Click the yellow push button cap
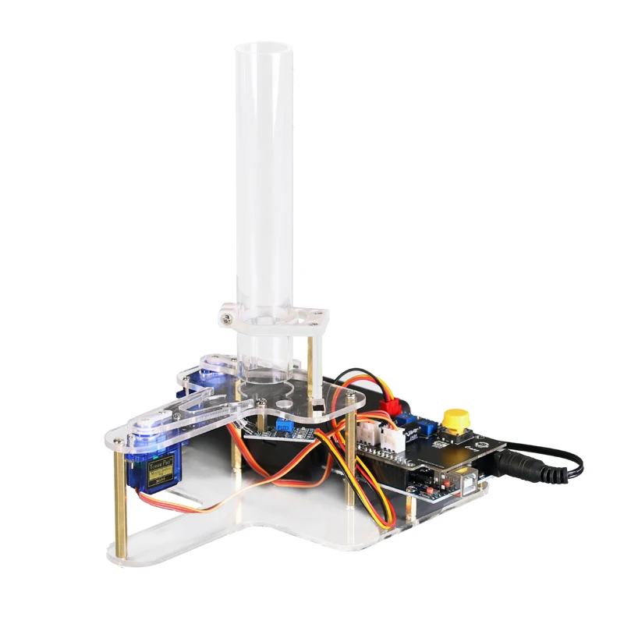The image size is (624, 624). pos(455,419)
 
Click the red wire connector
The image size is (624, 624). pos(391,406)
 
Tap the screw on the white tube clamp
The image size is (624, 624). pos(226,317)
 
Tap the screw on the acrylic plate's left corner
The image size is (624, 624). pos(119,441)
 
